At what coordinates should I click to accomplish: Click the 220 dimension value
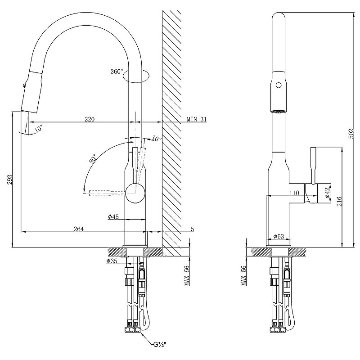(x=90, y=119)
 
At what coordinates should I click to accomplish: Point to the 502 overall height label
(x=351, y=134)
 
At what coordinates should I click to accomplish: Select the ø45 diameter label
(x=113, y=217)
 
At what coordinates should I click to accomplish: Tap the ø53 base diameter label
(x=278, y=236)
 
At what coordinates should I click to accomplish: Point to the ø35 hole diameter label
(x=112, y=261)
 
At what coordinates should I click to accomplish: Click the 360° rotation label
(x=116, y=72)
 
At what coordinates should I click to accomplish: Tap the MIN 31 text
(x=197, y=120)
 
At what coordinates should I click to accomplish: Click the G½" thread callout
(x=160, y=345)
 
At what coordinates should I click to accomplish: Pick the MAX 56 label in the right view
(x=243, y=275)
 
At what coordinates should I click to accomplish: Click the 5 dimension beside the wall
(x=192, y=229)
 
